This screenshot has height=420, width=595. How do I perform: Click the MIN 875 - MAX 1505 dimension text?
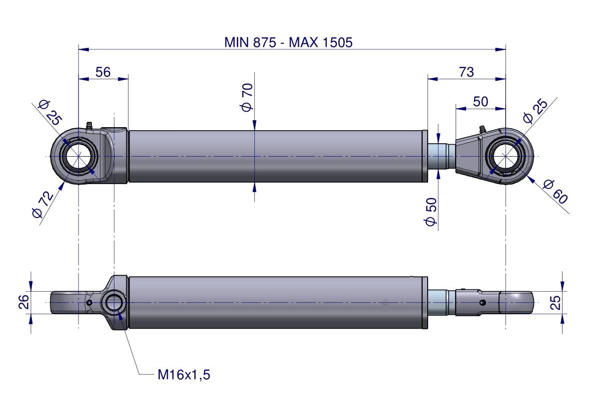click(288, 42)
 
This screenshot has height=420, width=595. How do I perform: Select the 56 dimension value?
click(103, 72)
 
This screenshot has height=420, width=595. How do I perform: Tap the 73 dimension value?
click(466, 72)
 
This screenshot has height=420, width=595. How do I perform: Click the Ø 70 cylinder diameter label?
click(247, 97)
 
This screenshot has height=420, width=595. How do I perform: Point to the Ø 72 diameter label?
click(42, 205)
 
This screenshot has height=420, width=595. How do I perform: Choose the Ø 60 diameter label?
click(554, 191)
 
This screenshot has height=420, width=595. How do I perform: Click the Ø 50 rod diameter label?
click(431, 211)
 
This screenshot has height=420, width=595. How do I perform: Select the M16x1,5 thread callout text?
click(184, 375)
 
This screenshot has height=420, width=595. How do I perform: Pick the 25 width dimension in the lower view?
click(556, 302)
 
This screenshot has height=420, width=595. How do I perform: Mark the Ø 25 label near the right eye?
click(535, 111)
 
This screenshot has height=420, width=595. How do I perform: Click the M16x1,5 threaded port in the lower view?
click(114, 302)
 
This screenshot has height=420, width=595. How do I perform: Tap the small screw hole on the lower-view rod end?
click(482, 303)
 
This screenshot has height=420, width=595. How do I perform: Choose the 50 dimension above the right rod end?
click(480, 102)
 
